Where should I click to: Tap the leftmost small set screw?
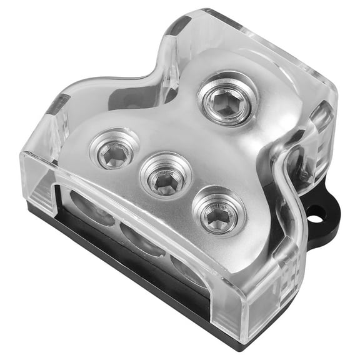pyautogui.click(x=114, y=149)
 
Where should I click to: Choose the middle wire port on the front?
pyautogui.click(x=138, y=238)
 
